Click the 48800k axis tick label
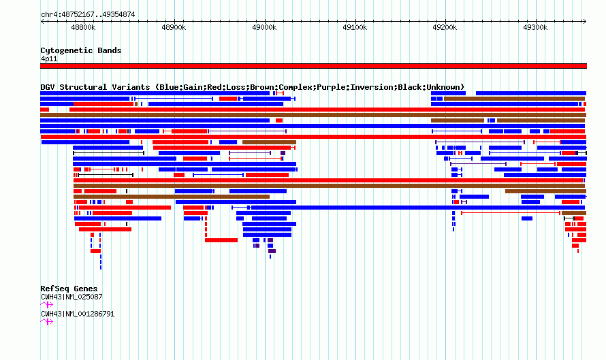point(83,27)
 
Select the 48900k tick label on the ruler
point(174,27)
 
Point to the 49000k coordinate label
point(264,27)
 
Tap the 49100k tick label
point(355,27)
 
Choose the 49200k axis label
point(445,27)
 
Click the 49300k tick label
point(535,27)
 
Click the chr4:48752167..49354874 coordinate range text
point(88,15)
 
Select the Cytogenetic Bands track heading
point(81,50)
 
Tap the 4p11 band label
point(49,59)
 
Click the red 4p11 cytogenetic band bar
point(313,66)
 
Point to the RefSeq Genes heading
point(69,289)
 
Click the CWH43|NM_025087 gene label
point(71,297)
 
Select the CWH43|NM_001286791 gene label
point(78,314)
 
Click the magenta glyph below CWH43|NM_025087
point(47,305)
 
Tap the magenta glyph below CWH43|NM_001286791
point(47,322)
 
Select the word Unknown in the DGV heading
point(443,87)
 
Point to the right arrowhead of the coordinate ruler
point(586,22)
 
